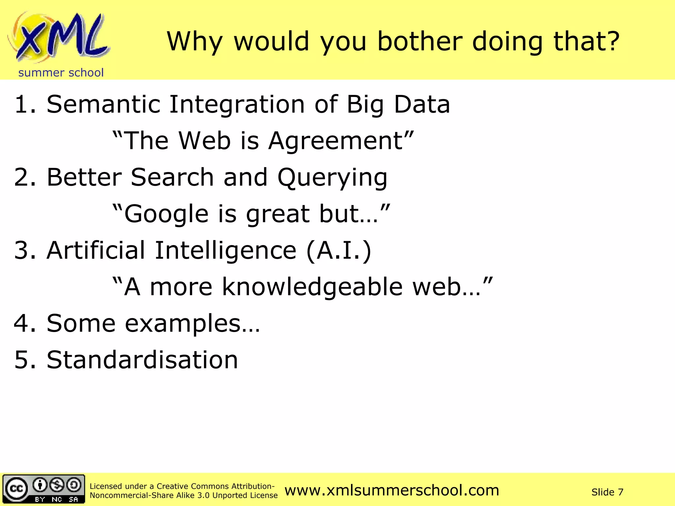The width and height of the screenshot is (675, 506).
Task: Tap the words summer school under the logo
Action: (x=61, y=72)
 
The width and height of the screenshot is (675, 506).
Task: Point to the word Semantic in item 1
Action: (x=103, y=104)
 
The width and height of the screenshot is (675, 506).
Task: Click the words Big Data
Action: (x=398, y=104)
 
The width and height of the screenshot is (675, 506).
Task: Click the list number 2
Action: (x=22, y=177)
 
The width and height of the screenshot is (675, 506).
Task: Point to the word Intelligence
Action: (x=226, y=250)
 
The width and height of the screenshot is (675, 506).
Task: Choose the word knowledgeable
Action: (x=312, y=287)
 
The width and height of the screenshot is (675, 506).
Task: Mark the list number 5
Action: (x=22, y=360)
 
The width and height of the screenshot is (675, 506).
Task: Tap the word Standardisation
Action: (x=142, y=360)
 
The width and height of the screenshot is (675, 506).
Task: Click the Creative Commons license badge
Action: (x=44, y=489)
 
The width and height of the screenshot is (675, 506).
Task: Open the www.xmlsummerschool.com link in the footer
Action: (x=392, y=491)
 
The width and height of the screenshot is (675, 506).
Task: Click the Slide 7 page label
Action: (x=607, y=492)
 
